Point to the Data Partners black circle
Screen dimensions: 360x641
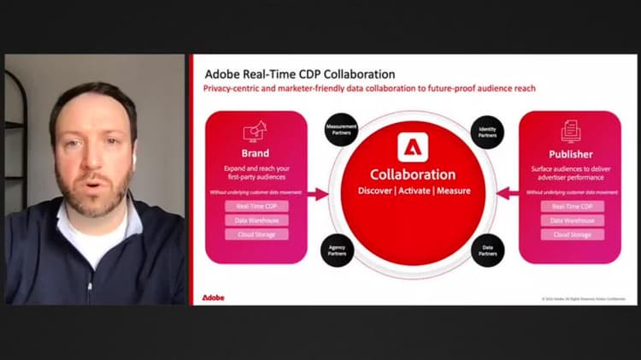pos(488,250)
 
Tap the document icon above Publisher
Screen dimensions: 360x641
pos(570,131)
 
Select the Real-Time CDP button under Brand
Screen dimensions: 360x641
pos(256,206)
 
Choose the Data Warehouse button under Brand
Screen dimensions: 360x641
pos(256,220)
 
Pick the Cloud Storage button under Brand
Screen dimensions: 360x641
pos(256,234)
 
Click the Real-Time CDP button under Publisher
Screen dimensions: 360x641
pos(572,206)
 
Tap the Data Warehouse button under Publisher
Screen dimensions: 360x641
pos(572,220)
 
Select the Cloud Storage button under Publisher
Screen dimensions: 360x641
pos(572,234)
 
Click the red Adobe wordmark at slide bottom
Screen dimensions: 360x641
pos(214,298)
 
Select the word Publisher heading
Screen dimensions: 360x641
pos(571,155)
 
